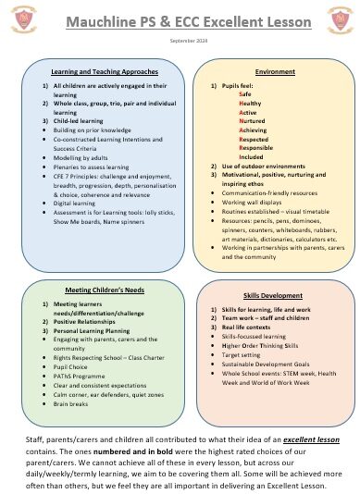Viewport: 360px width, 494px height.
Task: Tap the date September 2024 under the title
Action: coord(180,42)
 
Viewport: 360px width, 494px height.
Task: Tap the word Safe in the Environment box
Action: coord(245,94)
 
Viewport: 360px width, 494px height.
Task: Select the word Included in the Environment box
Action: coord(252,156)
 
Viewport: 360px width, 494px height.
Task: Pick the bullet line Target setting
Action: coord(246,352)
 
